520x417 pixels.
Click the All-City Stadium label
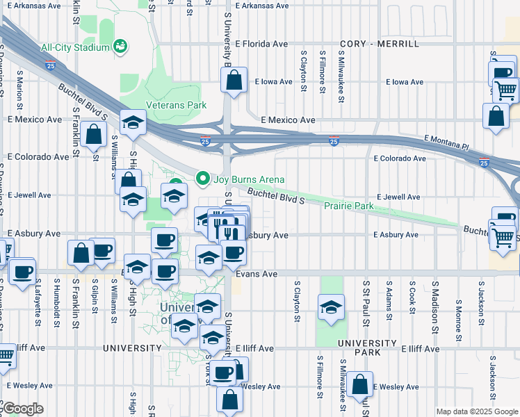coord(75,48)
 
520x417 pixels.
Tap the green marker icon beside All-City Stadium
coord(120,47)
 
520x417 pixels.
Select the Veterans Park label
coord(176,106)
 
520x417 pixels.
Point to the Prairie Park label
coord(348,206)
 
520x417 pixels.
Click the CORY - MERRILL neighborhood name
coord(380,44)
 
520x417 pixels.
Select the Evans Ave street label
coord(257,275)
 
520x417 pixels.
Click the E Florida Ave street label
coord(261,44)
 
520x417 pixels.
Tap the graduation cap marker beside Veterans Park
coord(131,122)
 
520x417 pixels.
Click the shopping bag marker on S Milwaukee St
coord(360,384)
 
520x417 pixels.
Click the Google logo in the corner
coord(23,409)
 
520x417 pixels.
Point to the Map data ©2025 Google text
coord(476,411)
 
